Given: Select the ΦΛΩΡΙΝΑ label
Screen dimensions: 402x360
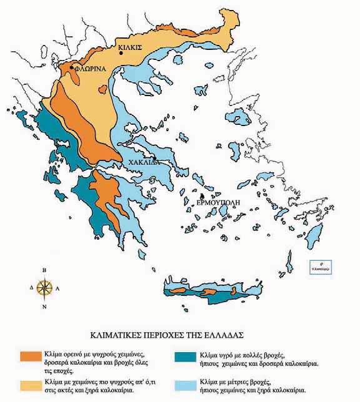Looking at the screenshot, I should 89,71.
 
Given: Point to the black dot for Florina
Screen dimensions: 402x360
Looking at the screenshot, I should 73,67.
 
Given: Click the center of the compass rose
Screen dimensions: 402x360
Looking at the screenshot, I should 44,288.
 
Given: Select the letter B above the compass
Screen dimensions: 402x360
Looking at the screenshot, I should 44,270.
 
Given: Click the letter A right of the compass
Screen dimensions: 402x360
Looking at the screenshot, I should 57,288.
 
